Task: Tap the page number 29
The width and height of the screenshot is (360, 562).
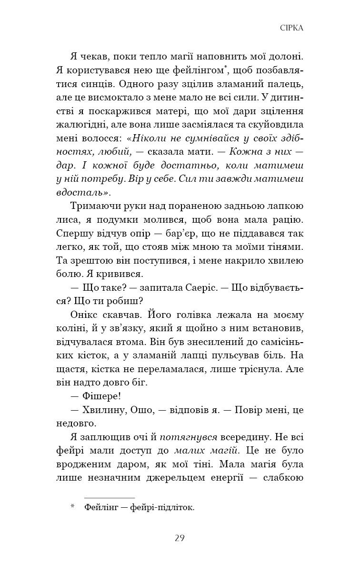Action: coord(180,538)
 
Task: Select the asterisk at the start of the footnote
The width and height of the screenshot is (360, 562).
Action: coord(72,507)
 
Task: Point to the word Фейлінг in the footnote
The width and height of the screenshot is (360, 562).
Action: coord(101,508)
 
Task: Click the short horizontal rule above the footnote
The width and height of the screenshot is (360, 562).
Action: coord(109,497)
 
